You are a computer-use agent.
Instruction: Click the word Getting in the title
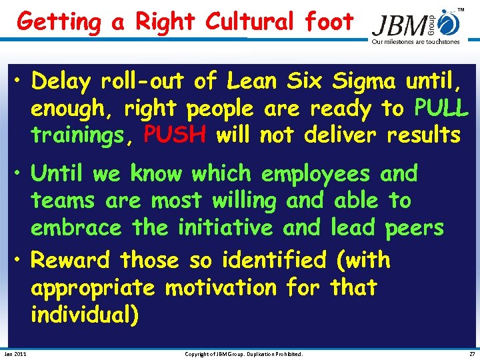(59, 22)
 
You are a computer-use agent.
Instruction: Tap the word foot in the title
(329, 22)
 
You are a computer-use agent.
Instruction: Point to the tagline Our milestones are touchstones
(415, 42)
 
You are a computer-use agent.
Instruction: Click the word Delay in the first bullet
(61, 81)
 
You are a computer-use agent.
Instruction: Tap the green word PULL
(441, 107)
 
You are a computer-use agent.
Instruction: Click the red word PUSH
(177, 135)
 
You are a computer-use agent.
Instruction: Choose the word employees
(315, 173)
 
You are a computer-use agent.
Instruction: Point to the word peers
(414, 227)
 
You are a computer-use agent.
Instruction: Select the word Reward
(71, 259)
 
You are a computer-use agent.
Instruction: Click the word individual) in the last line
(85, 314)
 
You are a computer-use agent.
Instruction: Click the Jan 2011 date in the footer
(15, 353)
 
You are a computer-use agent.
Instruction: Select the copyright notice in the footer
(243, 353)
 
